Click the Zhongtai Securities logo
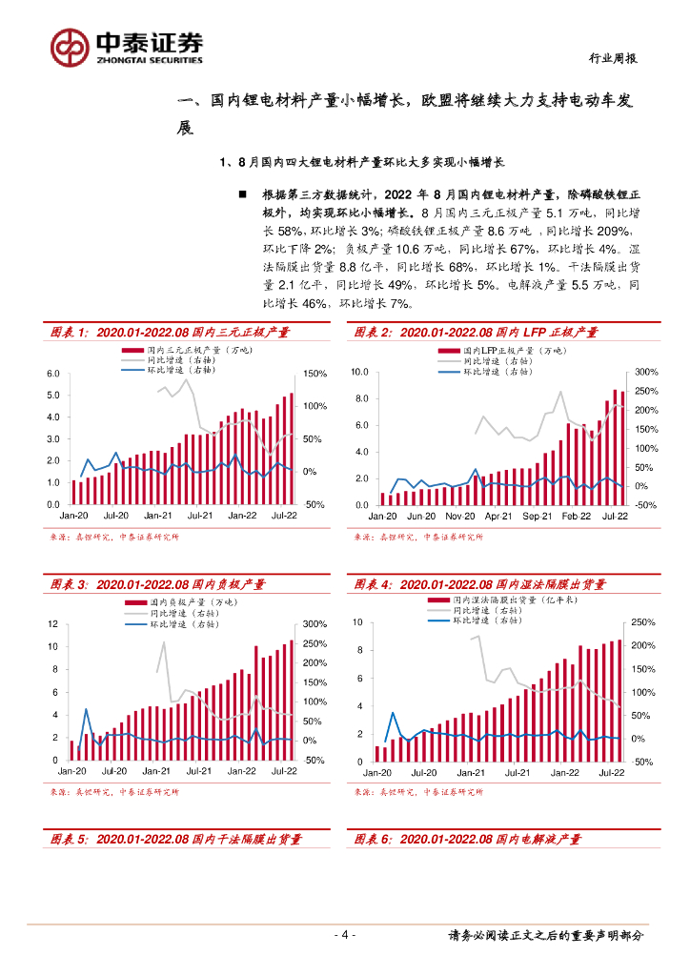click(x=127, y=45)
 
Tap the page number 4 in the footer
click(x=345, y=934)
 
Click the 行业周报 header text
click(x=610, y=58)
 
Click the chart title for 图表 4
click(x=476, y=584)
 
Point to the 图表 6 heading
click(x=467, y=839)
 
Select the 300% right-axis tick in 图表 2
click(x=647, y=372)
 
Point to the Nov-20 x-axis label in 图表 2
click(x=460, y=516)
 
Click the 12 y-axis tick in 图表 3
click(x=53, y=623)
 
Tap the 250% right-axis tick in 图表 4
click(x=643, y=622)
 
